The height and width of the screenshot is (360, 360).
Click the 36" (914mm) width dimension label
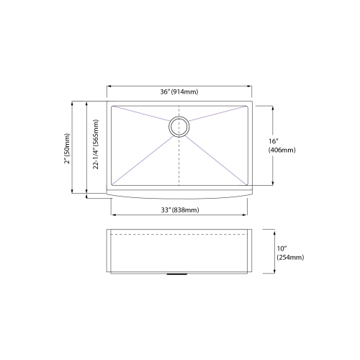(x=180, y=91)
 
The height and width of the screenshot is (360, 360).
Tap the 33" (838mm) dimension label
(x=180, y=210)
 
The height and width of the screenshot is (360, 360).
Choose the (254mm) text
(x=290, y=257)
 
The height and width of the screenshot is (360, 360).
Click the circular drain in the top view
(x=179, y=127)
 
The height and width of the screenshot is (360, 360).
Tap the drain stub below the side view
(x=179, y=274)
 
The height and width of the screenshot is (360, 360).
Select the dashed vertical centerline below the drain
(x=179, y=162)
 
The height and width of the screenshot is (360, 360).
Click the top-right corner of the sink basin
(x=247, y=106)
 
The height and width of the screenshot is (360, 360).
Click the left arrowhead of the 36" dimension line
(x=109, y=85)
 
